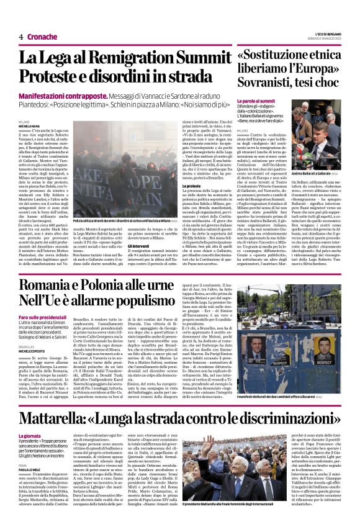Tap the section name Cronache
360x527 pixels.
click(42, 37)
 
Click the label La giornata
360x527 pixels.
click(29, 419)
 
